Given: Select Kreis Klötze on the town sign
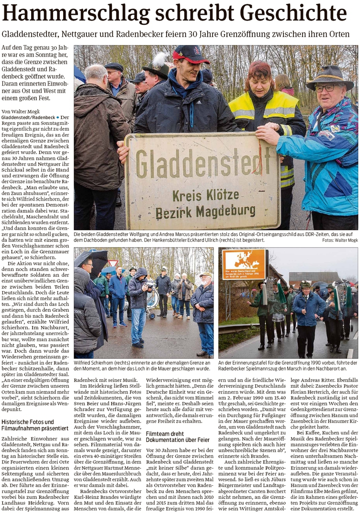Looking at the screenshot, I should point(205,195).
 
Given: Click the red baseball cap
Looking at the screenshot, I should point(191,54).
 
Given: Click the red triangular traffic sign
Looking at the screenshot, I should point(112,264).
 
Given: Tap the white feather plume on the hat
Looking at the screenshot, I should point(159,61).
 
